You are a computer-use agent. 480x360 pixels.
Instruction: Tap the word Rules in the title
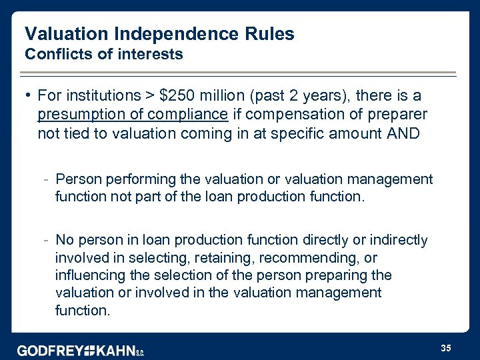coord(269,34)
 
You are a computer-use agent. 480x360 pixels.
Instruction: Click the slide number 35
coord(447,348)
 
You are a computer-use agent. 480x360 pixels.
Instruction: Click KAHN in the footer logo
coord(116,351)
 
